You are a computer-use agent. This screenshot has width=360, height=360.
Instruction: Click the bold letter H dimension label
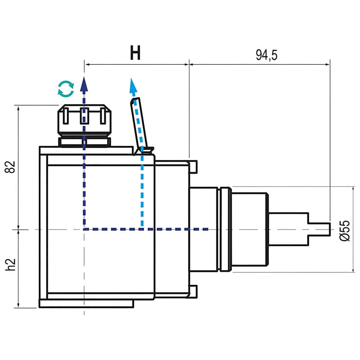[135, 53]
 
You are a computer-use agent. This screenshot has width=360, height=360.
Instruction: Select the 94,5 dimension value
[267, 55]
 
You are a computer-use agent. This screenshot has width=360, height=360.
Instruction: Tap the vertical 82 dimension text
[11, 166]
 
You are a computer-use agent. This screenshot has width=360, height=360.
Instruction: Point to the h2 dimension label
[11, 265]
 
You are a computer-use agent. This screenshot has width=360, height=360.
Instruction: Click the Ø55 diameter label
[345, 230]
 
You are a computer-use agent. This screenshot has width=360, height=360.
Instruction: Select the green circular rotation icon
[66, 89]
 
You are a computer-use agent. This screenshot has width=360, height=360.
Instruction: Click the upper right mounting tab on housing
[193, 166]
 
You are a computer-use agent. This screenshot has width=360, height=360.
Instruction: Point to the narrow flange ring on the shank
[225, 229]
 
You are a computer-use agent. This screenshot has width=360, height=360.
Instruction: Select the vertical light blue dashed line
[142, 189]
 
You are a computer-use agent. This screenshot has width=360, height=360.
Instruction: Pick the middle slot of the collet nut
[84, 116]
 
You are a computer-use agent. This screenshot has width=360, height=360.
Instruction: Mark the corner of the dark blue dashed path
[84, 229]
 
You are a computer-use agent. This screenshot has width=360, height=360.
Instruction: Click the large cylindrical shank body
[250, 229]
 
